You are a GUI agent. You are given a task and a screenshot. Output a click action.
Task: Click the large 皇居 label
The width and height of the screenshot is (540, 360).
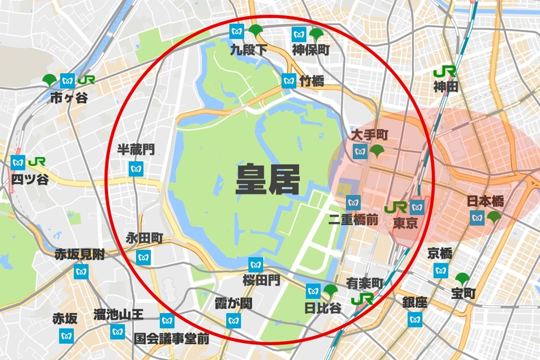267,180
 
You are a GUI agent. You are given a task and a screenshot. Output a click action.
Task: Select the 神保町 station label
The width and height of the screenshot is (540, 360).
311,50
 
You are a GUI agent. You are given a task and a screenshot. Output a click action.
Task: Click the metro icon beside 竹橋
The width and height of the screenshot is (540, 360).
288,81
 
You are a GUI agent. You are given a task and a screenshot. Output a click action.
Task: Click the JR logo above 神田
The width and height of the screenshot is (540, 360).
445,71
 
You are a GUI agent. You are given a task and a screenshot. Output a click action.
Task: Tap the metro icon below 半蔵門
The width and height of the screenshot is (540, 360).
136,169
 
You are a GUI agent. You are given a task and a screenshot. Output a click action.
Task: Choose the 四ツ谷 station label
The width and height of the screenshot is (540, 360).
30,179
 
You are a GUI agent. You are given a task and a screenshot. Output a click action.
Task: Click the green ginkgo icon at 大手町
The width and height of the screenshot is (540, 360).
378,152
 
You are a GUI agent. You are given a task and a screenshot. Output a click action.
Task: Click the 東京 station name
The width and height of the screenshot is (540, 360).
406,223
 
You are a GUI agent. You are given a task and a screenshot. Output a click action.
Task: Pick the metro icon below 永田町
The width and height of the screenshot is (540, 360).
143,257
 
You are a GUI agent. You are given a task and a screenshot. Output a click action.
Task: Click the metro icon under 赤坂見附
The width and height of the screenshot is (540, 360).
81,272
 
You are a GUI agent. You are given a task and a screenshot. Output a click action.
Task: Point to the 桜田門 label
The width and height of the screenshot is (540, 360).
262,280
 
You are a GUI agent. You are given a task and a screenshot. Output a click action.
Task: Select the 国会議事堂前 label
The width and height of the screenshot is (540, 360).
171,338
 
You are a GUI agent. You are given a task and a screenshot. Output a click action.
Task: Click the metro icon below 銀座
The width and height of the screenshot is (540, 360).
415,319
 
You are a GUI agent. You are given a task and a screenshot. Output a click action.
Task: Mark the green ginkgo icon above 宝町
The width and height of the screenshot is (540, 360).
462,279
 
